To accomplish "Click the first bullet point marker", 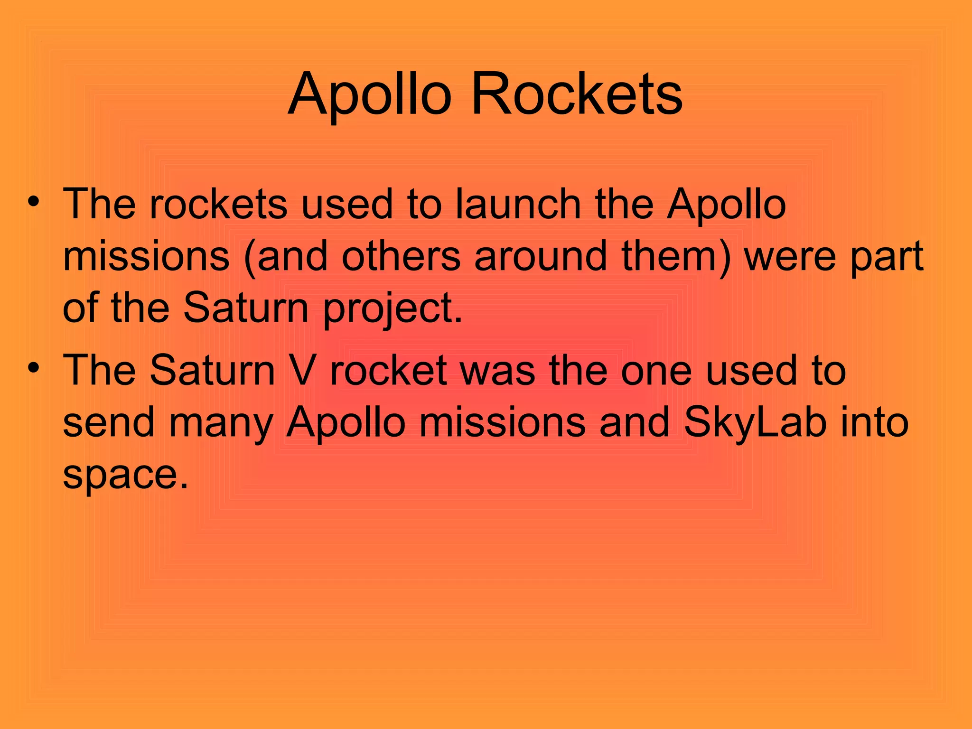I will [33, 201].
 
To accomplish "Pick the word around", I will [541, 256].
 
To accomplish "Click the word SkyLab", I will [755, 422].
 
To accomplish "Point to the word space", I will [126, 475].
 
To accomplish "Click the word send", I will [109, 422].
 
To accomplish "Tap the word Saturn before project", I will [246, 308].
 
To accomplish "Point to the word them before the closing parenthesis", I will [669, 256].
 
